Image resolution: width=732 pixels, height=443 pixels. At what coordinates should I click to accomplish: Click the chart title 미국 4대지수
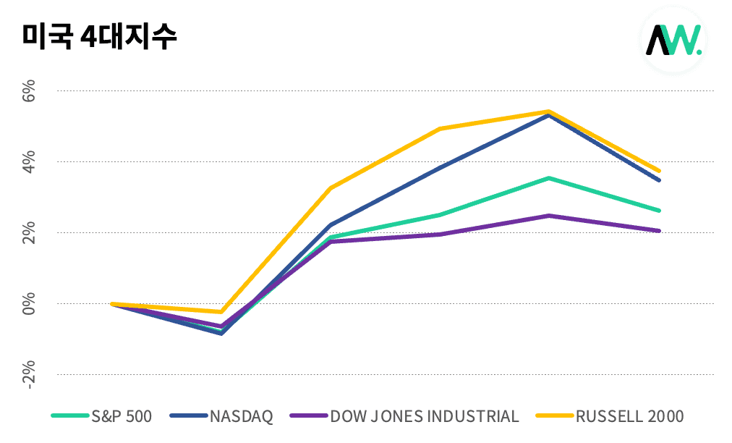tap(100, 37)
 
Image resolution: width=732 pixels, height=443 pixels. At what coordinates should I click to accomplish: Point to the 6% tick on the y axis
tap(28, 92)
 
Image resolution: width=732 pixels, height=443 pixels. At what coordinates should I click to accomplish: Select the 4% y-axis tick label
tap(28, 162)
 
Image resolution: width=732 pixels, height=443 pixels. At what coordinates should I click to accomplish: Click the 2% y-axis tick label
tap(28, 233)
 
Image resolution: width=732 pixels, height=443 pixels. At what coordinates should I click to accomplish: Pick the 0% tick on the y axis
tap(28, 304)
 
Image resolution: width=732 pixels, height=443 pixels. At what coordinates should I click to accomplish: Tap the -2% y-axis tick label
tap(28, 375)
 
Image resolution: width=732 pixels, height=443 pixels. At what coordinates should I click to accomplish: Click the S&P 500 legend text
tap(122, 416)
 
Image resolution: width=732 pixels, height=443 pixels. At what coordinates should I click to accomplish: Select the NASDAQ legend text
tap(242, 416)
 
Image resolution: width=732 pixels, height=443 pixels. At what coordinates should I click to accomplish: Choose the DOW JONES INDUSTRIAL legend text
tap(425, 416)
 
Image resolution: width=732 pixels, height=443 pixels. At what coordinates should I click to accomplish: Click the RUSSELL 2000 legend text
tap(629, 416)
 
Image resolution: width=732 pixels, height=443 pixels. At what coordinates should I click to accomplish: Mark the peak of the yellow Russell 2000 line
tap(549, 111)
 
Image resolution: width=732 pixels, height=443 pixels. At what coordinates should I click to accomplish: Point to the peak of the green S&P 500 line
tap(549, 178)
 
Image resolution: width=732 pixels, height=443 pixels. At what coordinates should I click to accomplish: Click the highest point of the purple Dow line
tap(549, 216)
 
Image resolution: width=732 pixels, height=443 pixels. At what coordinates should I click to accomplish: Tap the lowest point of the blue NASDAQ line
tap(221, 333)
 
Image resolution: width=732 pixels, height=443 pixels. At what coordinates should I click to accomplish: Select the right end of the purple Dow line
tap(658, 231)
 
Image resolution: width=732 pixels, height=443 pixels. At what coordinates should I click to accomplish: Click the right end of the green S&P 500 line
tap(658, 211)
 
